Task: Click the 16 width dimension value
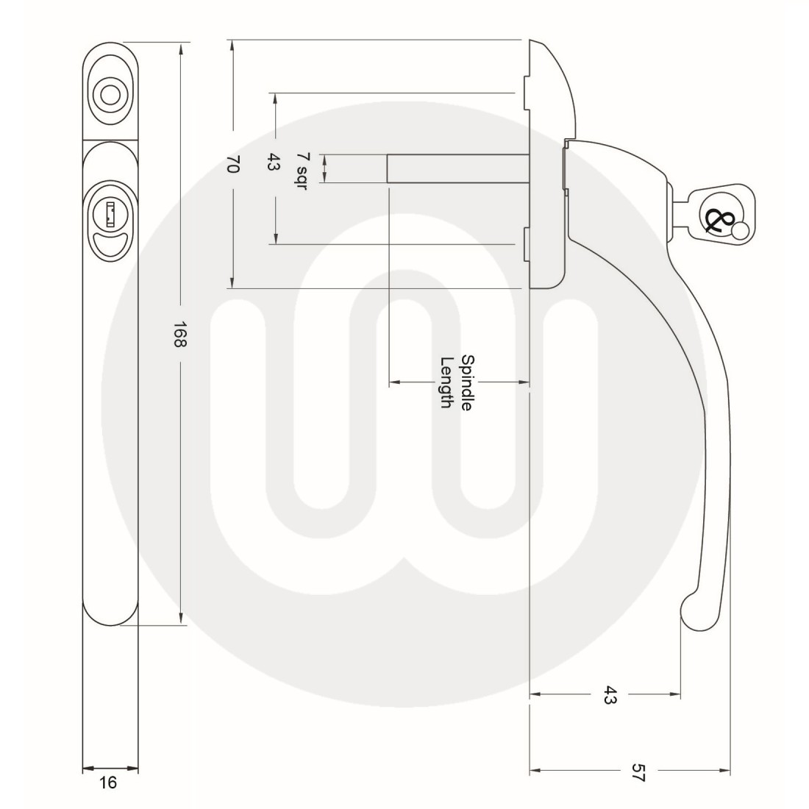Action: (108, 783)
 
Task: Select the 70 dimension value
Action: (232, 168)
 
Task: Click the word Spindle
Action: (465, 382)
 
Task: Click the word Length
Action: (446, 382)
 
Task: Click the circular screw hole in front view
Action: (110, 95)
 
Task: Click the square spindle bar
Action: (456, 168)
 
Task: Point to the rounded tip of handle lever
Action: (691, 613)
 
